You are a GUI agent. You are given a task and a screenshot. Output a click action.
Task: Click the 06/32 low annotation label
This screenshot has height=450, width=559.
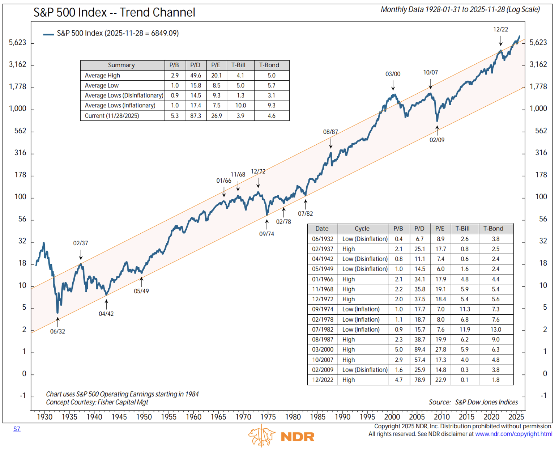[57, 332]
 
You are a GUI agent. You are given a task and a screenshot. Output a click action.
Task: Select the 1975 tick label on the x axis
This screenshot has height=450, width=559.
[268, 417]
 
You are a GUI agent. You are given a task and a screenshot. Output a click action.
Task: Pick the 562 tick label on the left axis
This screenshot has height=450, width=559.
[20, 131]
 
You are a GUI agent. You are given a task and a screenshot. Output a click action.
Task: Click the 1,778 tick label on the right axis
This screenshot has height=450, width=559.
[539, 86]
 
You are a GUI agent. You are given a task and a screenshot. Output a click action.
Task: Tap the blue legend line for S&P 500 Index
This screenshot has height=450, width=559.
[48, 34]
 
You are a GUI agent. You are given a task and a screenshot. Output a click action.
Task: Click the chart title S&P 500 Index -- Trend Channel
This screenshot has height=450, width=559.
[114, 12]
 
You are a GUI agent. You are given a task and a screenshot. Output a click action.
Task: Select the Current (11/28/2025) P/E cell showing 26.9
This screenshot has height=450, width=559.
[217, 116]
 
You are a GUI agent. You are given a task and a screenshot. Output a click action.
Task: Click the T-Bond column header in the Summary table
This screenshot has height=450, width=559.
[269, 65]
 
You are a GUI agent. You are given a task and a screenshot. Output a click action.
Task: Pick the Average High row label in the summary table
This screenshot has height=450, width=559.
[102, 76]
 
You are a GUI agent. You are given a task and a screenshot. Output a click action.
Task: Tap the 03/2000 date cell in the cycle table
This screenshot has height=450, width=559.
[323, 350]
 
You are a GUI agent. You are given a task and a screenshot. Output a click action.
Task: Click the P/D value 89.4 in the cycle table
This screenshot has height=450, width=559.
[420, 350]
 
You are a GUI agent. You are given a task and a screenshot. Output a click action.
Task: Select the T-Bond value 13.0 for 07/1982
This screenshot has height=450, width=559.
[496, 330]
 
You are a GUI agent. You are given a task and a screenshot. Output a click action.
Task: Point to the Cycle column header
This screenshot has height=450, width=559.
[362, 229]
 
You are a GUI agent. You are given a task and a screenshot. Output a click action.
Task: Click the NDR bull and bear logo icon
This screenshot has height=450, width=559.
[262, 436]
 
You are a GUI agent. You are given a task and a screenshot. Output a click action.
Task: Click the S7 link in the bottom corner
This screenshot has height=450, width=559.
[17, 429]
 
